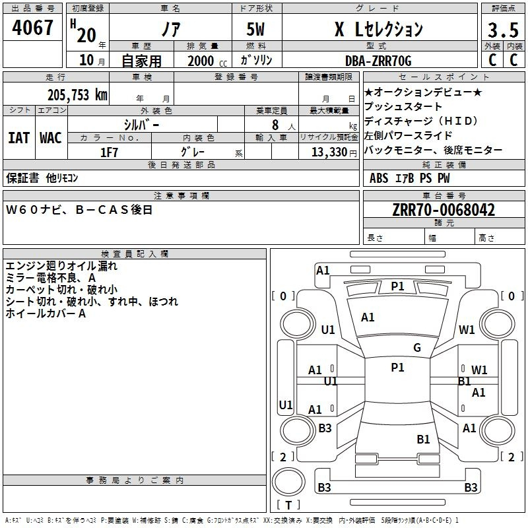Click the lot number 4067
tap(32, 27)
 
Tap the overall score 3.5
tap(503, 30)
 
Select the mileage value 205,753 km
tap(77, 95)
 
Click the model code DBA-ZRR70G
tap(378, 61)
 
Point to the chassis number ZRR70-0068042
tap(444, 210)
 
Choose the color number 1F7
tap(109, 152)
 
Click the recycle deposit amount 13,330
tap(329, 152)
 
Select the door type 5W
tap(255, 29)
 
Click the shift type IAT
tap(18, 138)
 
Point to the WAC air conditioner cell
tap(51, 138)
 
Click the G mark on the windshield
tap(417, 347)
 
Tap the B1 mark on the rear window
tap(423, 439)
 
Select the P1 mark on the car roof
tap(397, 368)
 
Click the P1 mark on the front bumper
tap(397, 286)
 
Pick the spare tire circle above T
tap(288, 482)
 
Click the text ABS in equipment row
tap(379, 178)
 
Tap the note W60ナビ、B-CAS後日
tap(79, 210)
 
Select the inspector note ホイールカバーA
tap(46, 313)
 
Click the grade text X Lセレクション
tap(379, 29)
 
